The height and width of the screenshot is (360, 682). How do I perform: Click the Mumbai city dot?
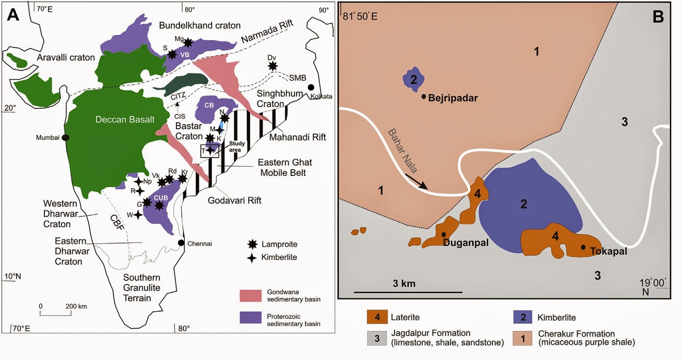click(x=65, y=137)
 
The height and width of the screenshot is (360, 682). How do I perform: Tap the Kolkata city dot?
click(x=312, y=87)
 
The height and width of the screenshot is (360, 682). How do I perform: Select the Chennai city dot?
click(x=181, y=243)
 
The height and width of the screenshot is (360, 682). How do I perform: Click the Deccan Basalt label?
click(x=125, y=119)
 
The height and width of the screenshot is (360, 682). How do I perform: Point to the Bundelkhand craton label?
click(x=199, y=26)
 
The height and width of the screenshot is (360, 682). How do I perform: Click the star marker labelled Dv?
click(x=272, y=66)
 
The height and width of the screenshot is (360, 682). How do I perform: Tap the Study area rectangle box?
click(x=209, y=151)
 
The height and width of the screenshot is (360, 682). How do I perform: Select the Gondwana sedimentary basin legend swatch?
click(x=250, y=296)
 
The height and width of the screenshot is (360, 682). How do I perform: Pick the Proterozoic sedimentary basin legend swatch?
click(x=250, y=317)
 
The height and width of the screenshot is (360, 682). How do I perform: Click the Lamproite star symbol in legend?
click(x=252, y=244)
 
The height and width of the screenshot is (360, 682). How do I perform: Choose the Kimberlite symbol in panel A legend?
click(x=252, y=257)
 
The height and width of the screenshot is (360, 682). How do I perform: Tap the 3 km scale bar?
click(x=408, y=292)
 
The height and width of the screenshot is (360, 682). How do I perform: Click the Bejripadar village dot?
click(x=424, y=97)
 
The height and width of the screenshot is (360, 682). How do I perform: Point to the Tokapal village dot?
click(x=583, y=247)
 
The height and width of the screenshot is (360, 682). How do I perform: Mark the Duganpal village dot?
click(x=444, y=235)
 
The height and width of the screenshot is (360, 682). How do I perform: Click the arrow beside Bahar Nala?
click(x=416, y=181)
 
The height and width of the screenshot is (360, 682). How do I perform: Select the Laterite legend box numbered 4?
click(x=377, y=317)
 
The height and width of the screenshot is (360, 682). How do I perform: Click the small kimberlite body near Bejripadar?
click(x=413, y=79)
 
